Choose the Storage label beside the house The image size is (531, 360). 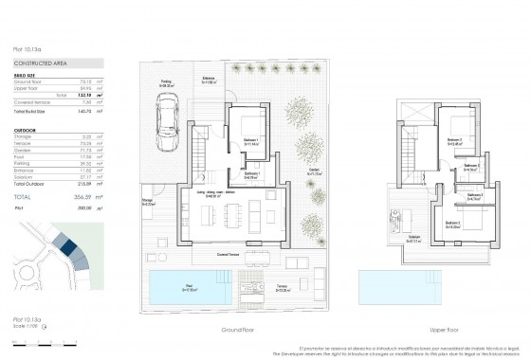point(148,202)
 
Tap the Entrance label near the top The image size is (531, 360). point(210,81)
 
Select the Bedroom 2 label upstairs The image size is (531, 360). point(454,142)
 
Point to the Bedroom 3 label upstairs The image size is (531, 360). point(453,225)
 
